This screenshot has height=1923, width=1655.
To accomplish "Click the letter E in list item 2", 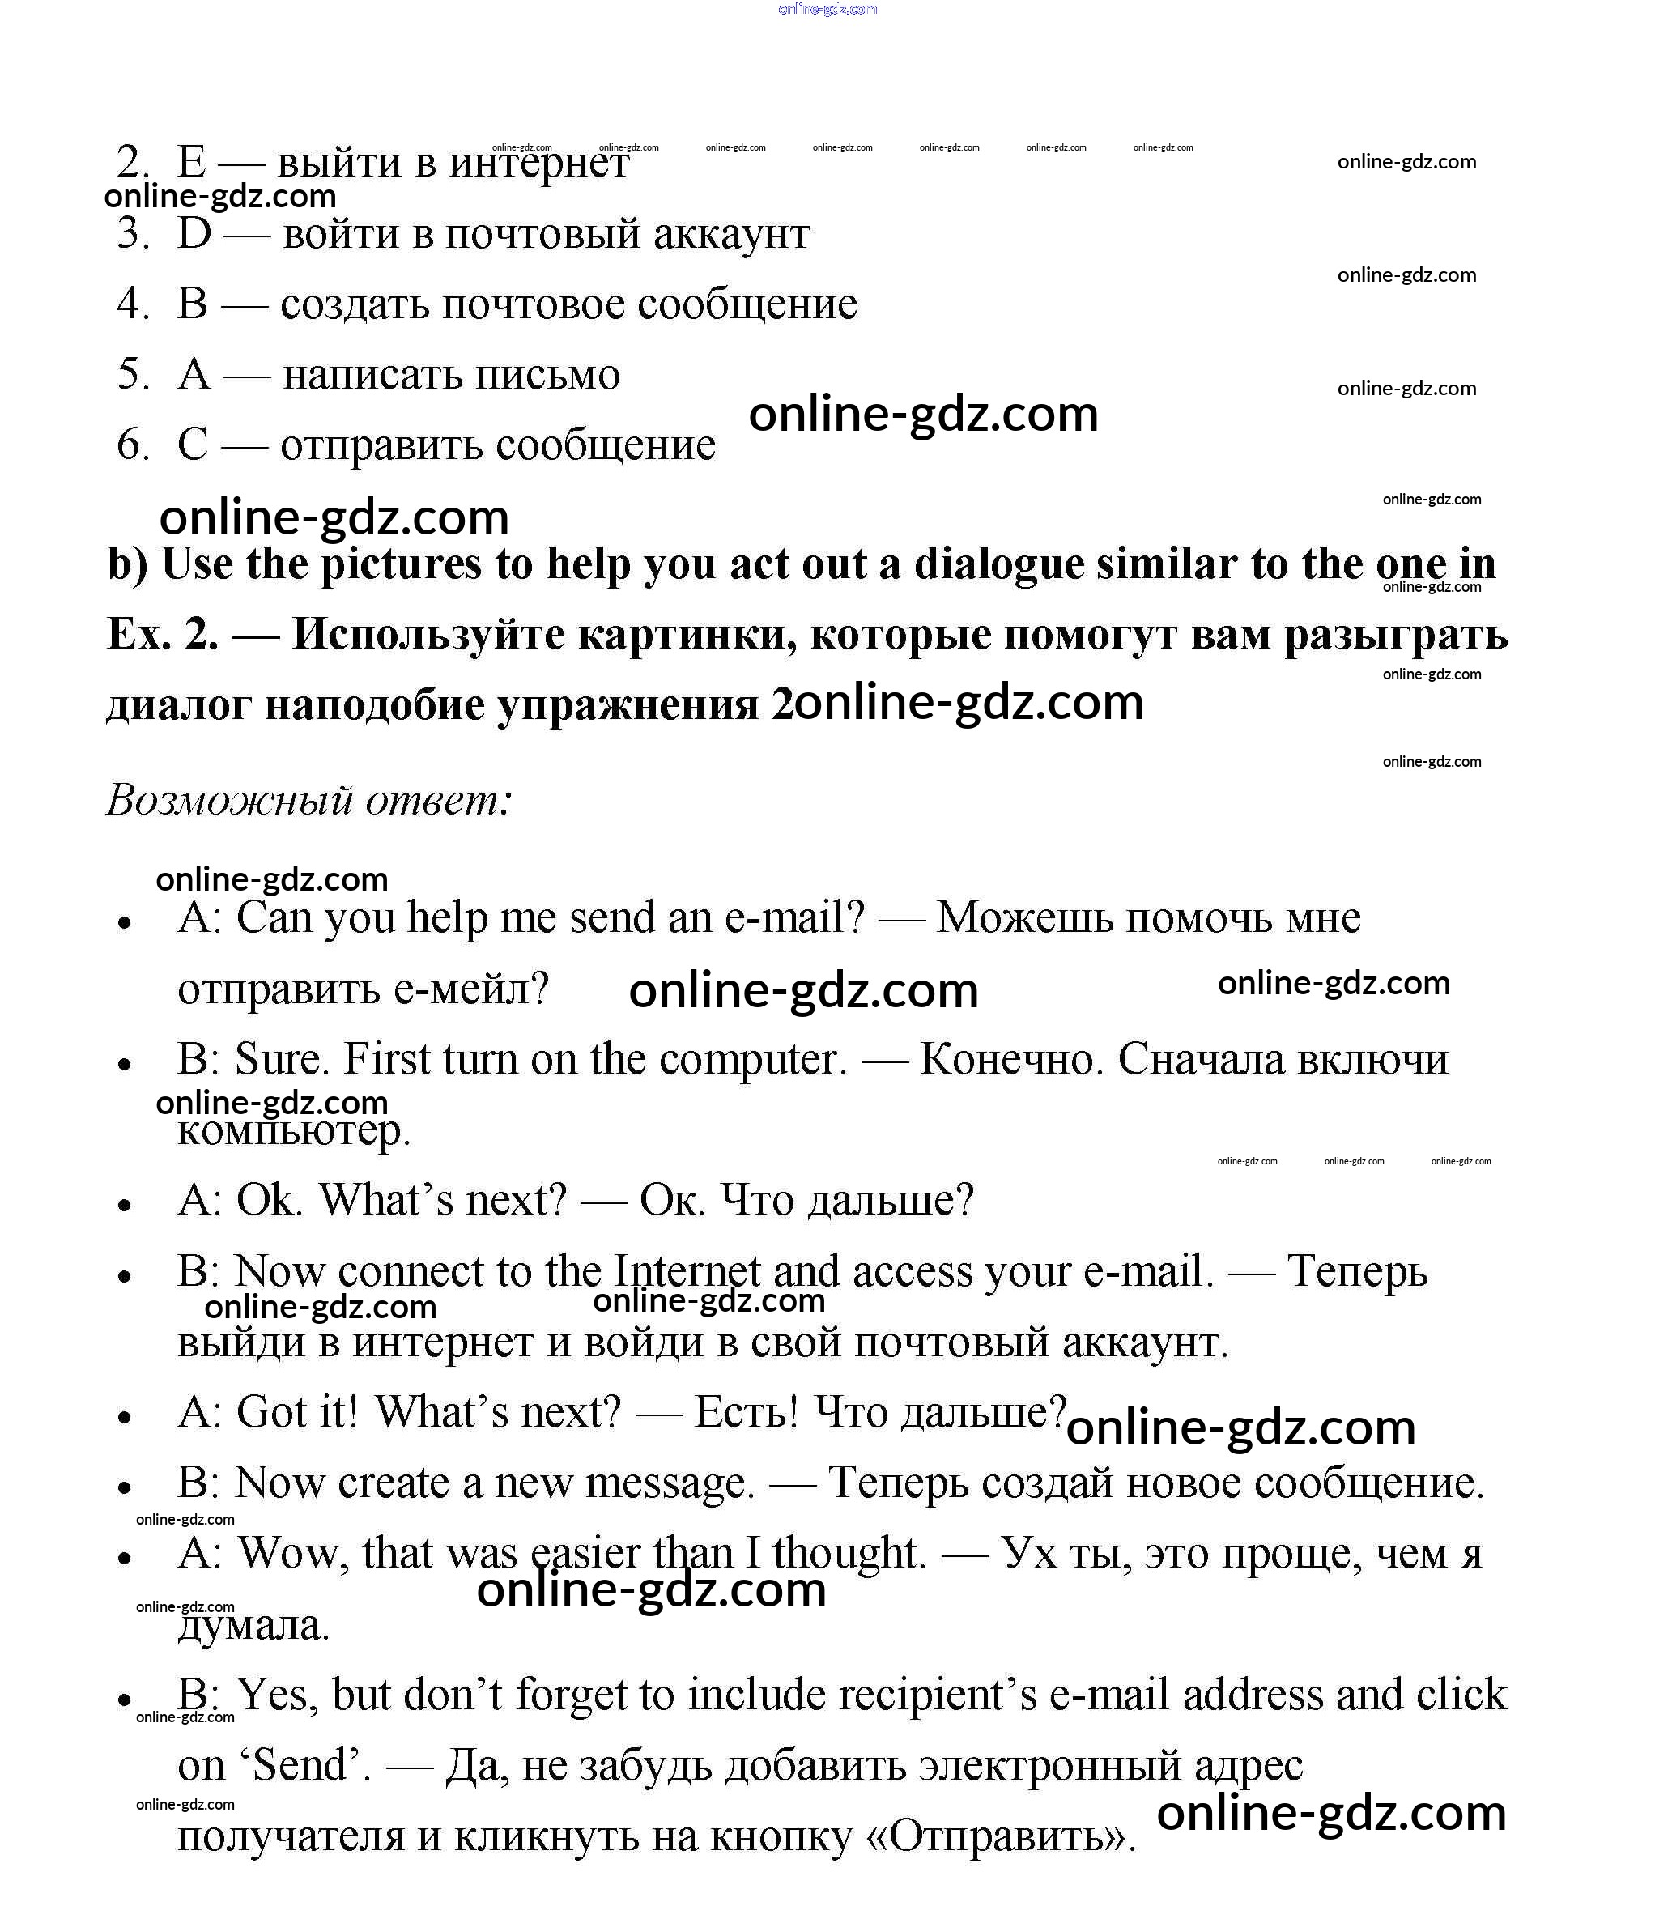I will click(x=191, y=163).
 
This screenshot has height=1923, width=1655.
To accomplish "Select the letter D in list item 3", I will click(x=194, y=233).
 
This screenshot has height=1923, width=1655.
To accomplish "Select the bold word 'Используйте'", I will click(x=427, y=635).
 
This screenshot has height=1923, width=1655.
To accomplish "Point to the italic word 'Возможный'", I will click(x=228, y=799).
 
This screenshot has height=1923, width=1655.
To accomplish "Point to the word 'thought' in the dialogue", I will click(x=849, y=1554).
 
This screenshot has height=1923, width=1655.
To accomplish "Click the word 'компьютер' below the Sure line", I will click(x=293, y=1130).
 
